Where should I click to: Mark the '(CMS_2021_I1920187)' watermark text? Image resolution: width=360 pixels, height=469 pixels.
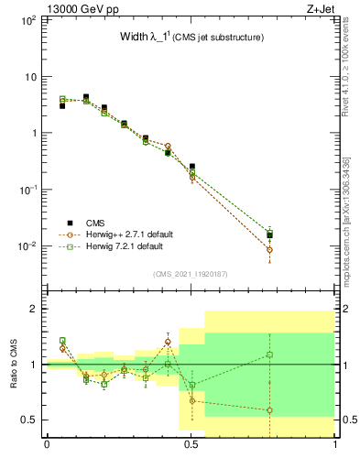(191, 273)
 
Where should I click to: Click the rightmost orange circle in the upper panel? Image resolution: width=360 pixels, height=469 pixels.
(269, 249)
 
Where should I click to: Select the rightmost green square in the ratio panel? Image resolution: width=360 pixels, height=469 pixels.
(269, 354)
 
